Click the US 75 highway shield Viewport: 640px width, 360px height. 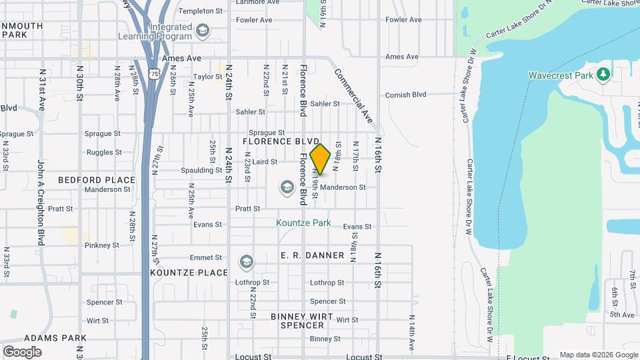tap(155, 75)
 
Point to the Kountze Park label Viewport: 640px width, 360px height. tap(304, 223)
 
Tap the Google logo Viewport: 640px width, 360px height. tap(22, 351)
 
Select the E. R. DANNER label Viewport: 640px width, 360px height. tap(313, 255)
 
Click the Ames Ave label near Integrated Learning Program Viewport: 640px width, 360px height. tap(186, 59)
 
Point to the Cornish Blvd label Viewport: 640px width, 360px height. tap(405, 95)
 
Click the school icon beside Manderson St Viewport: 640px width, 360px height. tap(287, 187)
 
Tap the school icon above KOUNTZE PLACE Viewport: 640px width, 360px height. tap(247, 261)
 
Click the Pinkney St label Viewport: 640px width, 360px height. tap(102, 245)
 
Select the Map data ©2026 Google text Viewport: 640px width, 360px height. tap(598, 355)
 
